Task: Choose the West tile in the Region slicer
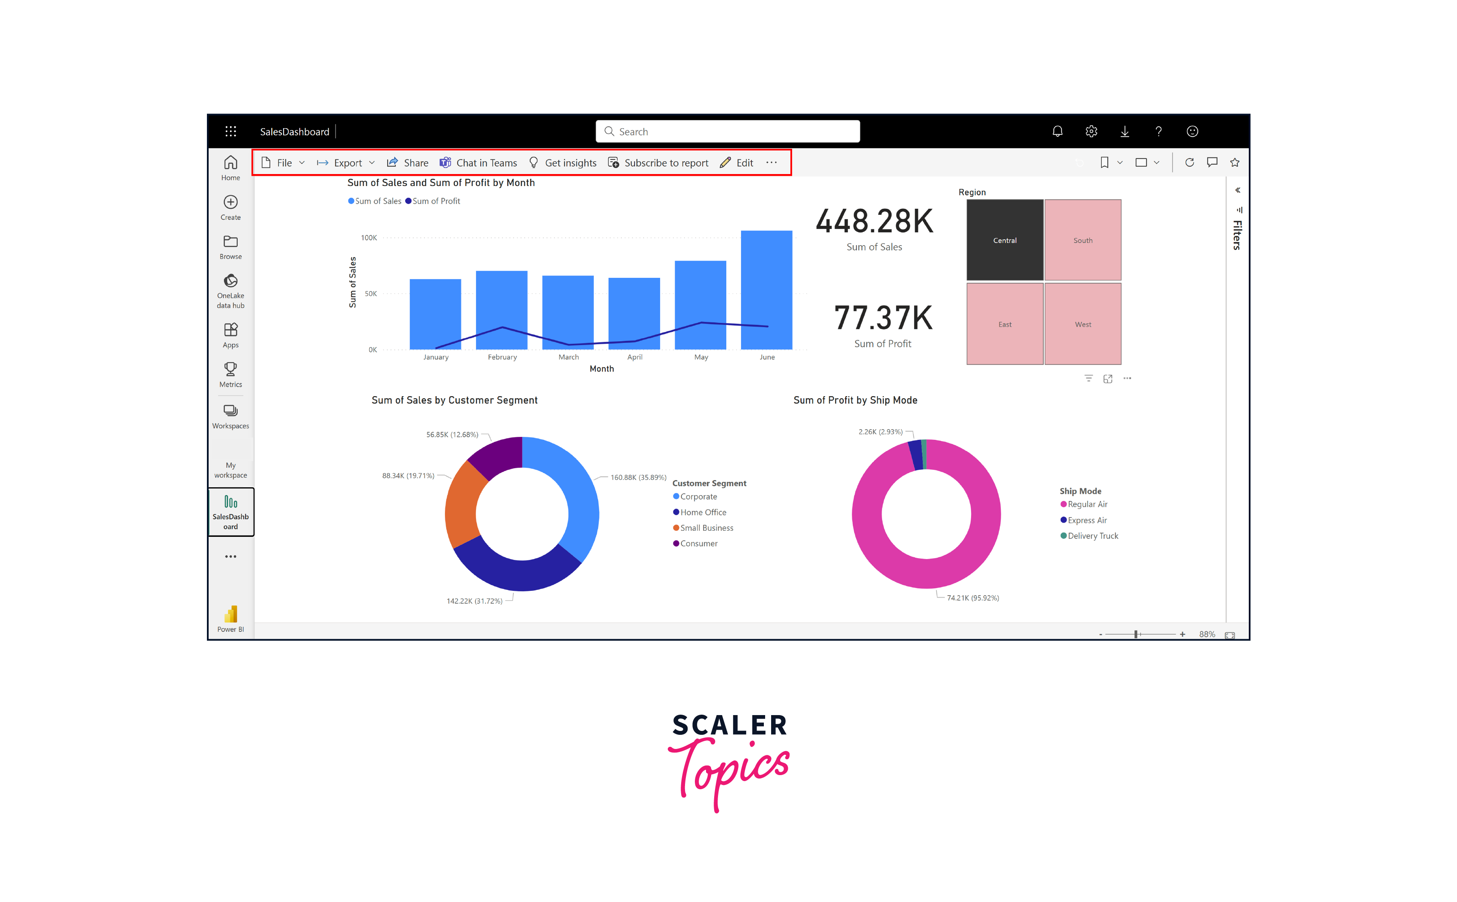[x=1083, y=324]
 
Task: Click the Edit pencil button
[x=737, y=163]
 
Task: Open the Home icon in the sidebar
[x=231, y=168]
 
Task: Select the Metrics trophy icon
[x=231, y=374]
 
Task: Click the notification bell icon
[x=1057, y=131]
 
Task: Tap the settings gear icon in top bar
[x=1091, y=131]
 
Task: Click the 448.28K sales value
[x=874, y=221]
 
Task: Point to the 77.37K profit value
[x=883, y=318]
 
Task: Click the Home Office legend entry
[x=703, y=512]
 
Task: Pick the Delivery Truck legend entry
[x=1092, y=536]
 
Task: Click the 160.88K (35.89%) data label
[x=638, y=477]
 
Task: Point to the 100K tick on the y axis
[x=369, y=238]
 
